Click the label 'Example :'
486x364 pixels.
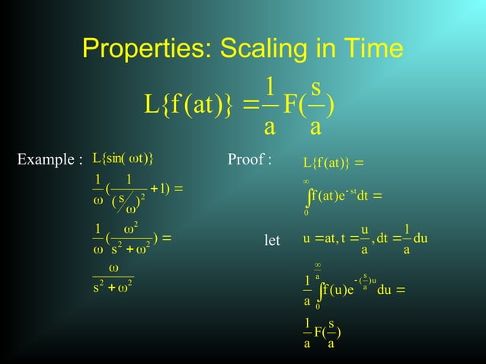click(x=50, y=159)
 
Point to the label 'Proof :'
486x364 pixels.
click(x=250, y=159)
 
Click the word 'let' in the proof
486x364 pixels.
click(x=272, y=241)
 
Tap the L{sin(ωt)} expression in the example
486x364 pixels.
click(x=123, y=158)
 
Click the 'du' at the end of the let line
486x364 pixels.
click(x=420, y=238)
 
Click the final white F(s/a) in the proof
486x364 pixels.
click(x=328, y=334)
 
